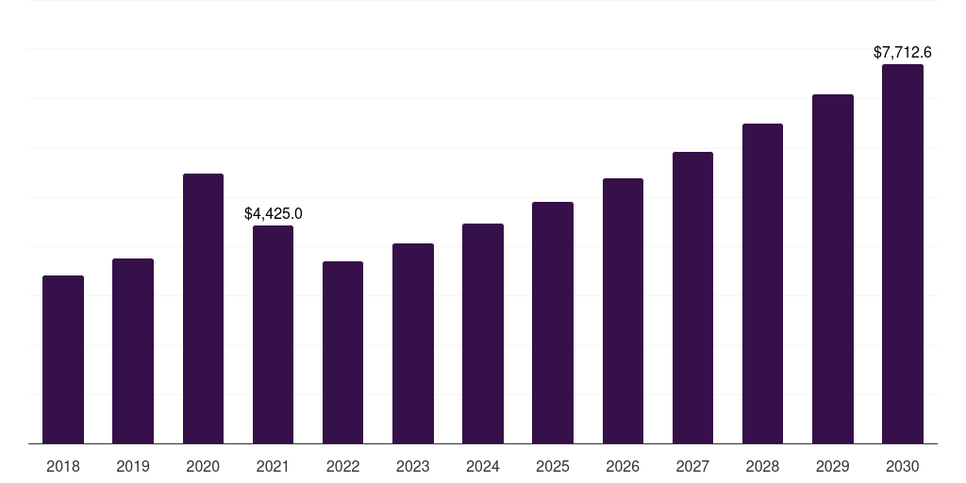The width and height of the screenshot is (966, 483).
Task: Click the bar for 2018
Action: pos(63,359)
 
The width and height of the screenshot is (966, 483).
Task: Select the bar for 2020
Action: pos(203,308)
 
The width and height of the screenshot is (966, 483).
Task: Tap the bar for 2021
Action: pos(273,334)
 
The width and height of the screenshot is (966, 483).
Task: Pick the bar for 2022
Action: pos(342,352)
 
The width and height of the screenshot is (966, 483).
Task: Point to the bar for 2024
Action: pos(483,333)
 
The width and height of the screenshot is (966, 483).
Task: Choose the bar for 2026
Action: pos(623,310)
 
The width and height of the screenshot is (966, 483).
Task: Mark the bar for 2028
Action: pos(762,283)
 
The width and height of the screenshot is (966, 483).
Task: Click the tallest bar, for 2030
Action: pos(903,254)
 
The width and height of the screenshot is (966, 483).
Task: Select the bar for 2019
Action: pos(133,351)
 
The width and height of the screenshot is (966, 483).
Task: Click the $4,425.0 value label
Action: pos(273,214)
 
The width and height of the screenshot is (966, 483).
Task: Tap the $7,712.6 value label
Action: pos(903,53)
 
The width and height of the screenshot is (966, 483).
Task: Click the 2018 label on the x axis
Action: pos(63,466)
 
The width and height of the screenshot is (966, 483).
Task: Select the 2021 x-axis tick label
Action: pos(273,466)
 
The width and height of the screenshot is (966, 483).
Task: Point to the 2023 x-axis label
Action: pos(413,466)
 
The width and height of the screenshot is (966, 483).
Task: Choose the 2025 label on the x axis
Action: pos(553,466)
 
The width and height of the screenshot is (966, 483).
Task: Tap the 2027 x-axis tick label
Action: pos(692,466)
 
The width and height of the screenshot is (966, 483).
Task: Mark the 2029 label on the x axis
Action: pos(833,466)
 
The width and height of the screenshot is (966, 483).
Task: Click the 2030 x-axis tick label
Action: pos(903,466)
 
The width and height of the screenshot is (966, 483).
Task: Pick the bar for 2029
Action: pos(833,269)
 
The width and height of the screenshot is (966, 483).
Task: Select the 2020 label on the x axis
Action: pos(203,466)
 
